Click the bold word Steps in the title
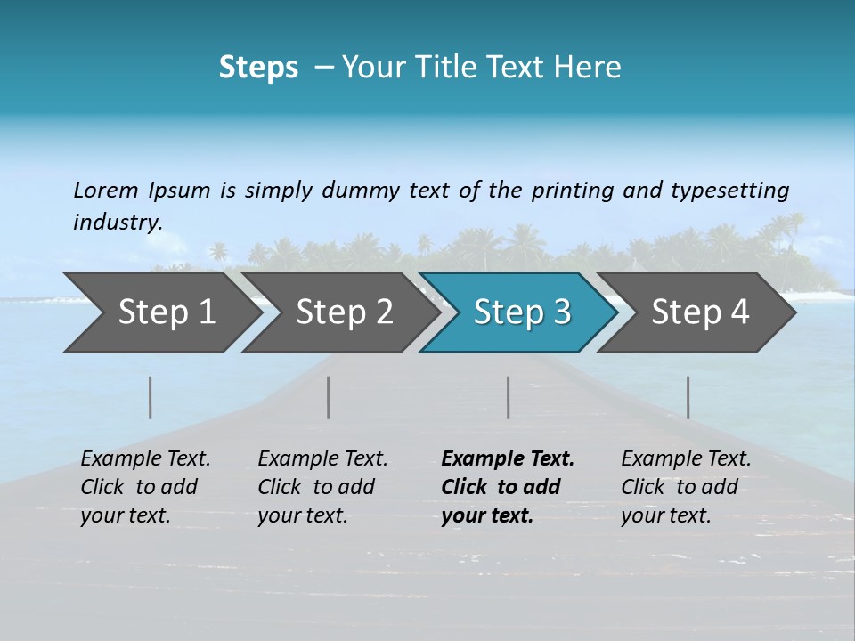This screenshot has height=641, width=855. click(258, 68)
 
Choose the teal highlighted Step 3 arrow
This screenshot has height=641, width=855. click(522, 312)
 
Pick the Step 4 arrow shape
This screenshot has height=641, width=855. click(700, 312)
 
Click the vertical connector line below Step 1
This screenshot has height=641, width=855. click(151, 397)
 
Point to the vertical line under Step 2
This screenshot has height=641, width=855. click(329, 397)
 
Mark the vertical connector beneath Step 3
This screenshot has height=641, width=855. click(508, 397)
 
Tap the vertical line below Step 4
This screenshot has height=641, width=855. click(688, 397)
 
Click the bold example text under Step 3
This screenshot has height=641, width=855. click(508, 487)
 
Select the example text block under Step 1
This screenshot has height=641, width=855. click(145, 487)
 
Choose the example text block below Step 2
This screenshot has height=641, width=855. click(322, 487)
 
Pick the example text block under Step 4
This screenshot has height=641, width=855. click(686, 487)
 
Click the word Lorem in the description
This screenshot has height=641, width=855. click(106, 190)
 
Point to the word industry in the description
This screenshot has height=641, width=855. click(118, 223)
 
